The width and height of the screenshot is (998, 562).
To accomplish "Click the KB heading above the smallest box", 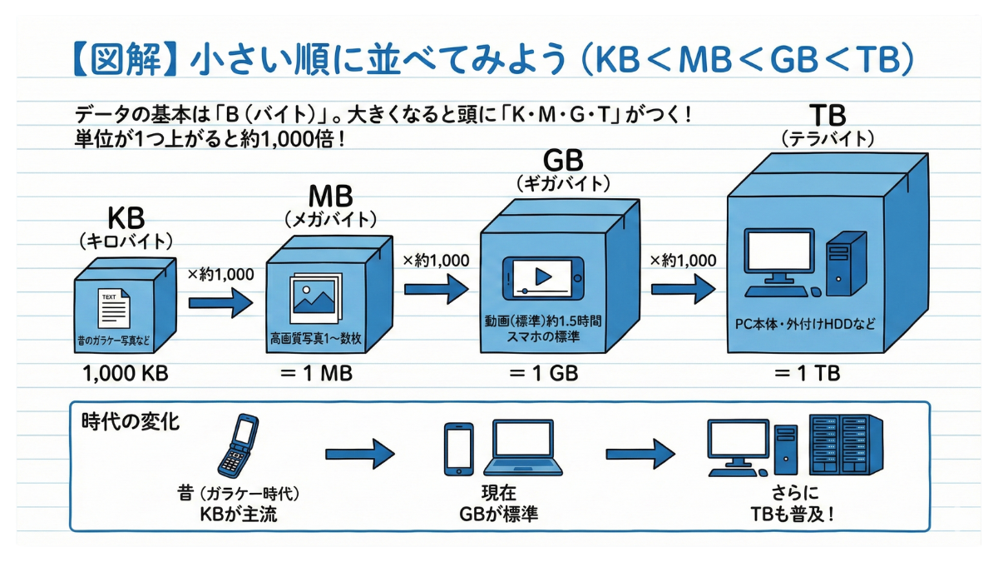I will coord(126,219).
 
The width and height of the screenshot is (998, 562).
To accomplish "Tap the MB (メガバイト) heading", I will coord(331,196).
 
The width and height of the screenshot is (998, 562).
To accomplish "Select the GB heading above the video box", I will coord(563,160).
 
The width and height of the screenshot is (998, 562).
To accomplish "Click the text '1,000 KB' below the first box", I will coord(126,374).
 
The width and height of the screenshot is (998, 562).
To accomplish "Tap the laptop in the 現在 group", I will coord(522,447).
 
